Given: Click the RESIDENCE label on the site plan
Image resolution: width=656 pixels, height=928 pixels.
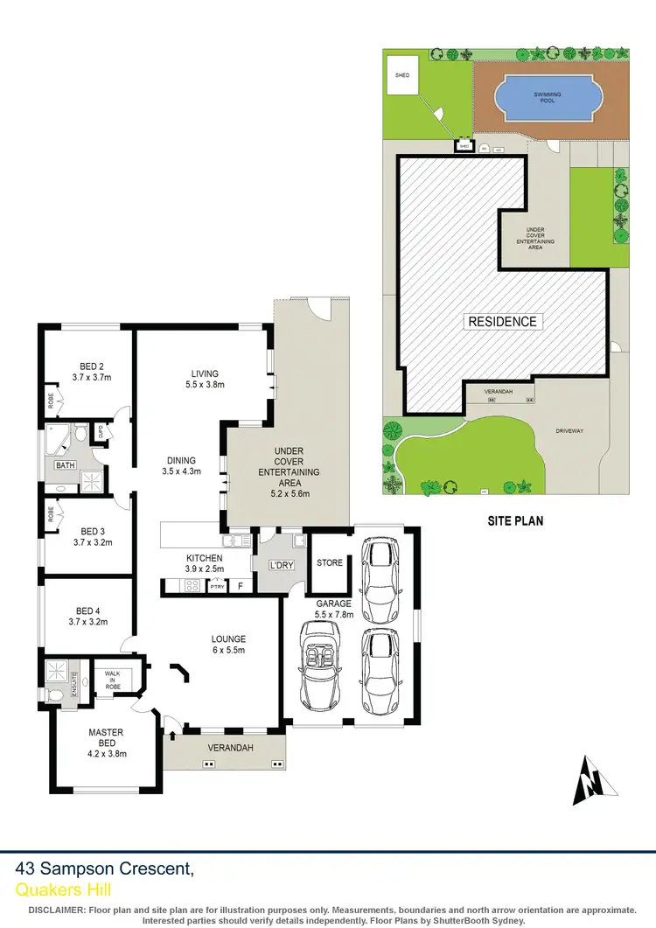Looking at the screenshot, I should click(x=502, y=321).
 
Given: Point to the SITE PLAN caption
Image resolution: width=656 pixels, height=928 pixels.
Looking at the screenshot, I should click(x=515, y=520).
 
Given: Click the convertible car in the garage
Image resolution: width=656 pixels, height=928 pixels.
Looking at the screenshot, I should click(x=321, y=666).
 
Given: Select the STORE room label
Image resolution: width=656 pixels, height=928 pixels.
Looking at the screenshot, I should click(x=330, y=562).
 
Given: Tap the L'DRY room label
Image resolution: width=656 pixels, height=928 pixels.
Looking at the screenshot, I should click(x=281, y=566).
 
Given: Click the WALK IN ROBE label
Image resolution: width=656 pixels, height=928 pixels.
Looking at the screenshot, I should click(x=113, y=680).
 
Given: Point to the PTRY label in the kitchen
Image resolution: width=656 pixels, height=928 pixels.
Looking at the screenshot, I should click(x=216, y=586).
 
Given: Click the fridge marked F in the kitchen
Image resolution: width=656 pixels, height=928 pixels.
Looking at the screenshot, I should click(x=240, y=586).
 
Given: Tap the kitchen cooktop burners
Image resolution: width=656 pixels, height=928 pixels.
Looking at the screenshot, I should click(x=192, y=584).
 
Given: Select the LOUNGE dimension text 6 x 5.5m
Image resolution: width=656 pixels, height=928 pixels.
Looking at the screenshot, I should click(x=228, y=651).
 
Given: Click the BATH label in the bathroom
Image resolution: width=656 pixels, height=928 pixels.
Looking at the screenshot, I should click(x=66, y=465).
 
